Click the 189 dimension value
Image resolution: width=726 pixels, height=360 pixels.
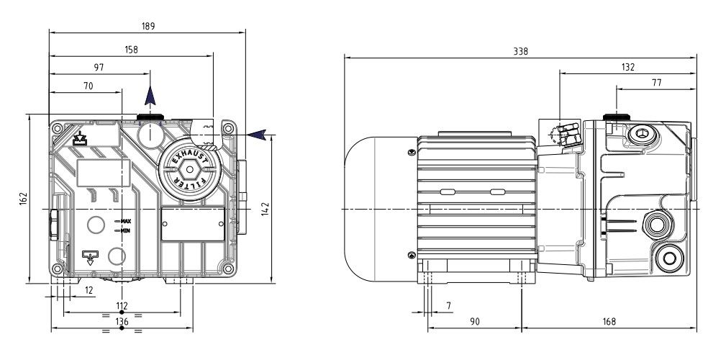coord(148,24)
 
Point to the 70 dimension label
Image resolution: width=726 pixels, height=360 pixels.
coord(89,86)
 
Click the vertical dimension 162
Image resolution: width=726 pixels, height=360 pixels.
coord(22,197)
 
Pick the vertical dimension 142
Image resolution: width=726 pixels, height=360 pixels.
coord(265,209)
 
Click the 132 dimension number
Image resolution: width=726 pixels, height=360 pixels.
coord(627,67)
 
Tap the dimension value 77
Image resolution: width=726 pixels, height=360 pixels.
coord(656,83)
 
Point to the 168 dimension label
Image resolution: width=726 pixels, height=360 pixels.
coord(608,322)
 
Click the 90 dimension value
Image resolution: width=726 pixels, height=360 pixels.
coord(474,322)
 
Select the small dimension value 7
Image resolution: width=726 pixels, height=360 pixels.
coord(449,306)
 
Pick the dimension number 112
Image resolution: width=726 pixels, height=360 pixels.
coord(122,306)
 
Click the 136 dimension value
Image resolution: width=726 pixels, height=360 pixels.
coord(122,322)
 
